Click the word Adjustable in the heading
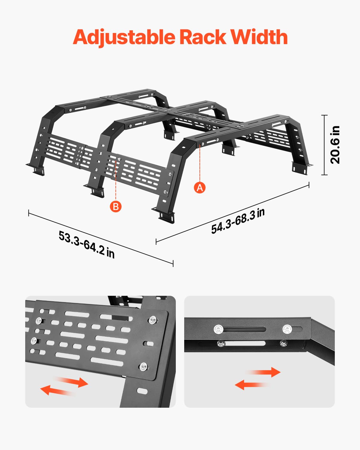[124, 37]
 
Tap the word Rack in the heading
[203, 37]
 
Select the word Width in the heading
[259, 37]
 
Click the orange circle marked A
[200, 187]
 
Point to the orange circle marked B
[116, 207]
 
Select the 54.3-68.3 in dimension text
[238, 221]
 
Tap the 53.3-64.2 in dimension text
[86, 244]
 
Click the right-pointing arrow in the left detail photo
[72, 381]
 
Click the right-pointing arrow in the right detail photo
[264, 372]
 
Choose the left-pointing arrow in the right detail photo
[251, 385]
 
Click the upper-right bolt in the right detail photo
[287, 329]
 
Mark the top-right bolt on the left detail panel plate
[153, 320]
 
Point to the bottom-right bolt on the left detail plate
[143, 367]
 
